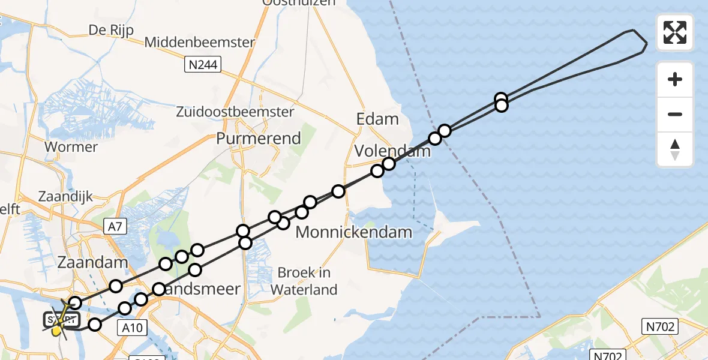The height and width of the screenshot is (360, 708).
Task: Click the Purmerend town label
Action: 259,139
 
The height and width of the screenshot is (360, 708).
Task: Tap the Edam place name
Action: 377,119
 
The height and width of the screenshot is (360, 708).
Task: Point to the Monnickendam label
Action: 354,232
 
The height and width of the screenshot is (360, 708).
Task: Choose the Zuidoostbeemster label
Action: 235,112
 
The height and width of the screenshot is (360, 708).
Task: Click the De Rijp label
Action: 111,30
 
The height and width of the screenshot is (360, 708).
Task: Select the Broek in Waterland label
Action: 304,281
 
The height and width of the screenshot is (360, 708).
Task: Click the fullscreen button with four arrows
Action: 675,32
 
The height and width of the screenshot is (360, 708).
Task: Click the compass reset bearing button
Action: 675,149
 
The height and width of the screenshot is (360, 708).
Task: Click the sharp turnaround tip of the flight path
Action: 646,44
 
